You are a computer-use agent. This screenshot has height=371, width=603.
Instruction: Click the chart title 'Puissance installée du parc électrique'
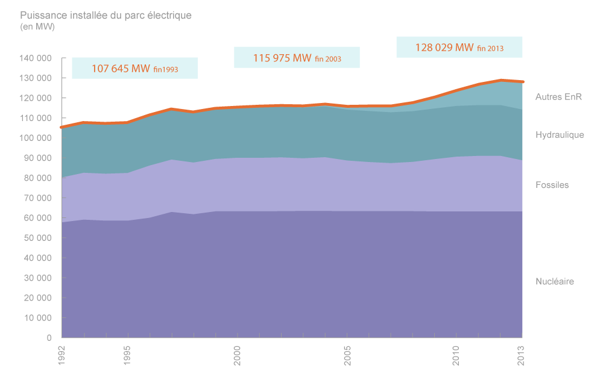point(106,15)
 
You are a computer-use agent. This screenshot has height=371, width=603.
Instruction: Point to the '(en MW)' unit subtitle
point(37,27)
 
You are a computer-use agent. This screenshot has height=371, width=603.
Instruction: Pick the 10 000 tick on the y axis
point(37,318)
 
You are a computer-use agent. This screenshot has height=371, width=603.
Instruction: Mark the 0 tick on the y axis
point(48,338)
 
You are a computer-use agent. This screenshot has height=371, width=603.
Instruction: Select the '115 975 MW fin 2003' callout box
point(297,58)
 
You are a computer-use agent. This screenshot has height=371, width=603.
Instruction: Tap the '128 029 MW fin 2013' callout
point(459,48)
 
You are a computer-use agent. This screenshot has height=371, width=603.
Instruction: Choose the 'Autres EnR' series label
point(558,96)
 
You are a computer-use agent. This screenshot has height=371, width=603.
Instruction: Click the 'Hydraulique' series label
point(560,135)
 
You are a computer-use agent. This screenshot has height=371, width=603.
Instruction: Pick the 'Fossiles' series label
point(552,185)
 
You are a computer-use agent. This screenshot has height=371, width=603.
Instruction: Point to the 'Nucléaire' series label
point(554,281)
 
